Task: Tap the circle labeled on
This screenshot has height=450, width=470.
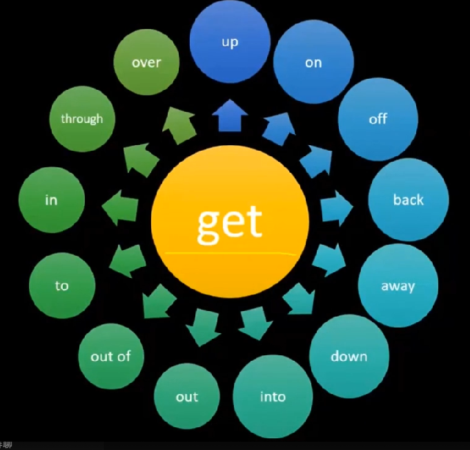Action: coord(313,62)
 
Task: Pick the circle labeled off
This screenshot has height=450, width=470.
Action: coord(378,119)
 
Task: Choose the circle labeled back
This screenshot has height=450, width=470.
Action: coord(408,200)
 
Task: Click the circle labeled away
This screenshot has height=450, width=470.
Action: coord(398,285)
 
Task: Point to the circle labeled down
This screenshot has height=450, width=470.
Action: coord(349,357)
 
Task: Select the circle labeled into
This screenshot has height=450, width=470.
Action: coord(273,397)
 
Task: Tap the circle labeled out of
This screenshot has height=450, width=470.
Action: coord(110,357)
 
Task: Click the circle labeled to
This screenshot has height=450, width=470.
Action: coord(62,285)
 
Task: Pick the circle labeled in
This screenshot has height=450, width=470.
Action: coord(52,200)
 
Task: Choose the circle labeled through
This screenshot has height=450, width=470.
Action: coord(81,119)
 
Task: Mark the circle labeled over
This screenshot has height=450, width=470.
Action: coord(146,62)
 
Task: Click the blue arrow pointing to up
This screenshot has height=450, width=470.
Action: coord(230,115)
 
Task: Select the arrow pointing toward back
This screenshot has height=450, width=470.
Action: coord(336,209)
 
